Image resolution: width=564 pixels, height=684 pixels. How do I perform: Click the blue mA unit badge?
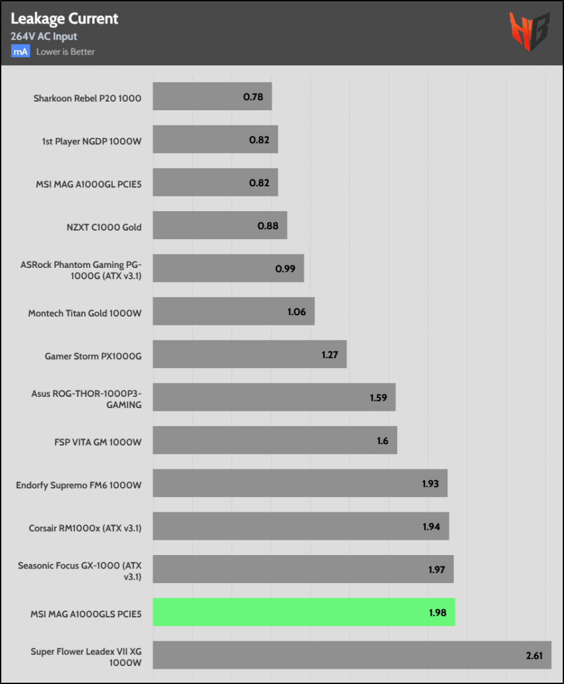point(20,51)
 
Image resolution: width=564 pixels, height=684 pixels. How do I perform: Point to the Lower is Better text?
point(65,51)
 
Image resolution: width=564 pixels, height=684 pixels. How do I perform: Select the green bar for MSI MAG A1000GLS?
point(304,612)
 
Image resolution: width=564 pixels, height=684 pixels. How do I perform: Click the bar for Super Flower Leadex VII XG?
point(352,655)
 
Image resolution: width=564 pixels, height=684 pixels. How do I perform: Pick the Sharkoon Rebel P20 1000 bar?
point(212,97)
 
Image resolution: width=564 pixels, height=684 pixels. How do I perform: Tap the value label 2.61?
point(534,655)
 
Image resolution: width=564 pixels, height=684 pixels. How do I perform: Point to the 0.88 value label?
point(268,226)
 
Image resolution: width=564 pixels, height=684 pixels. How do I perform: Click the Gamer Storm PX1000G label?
point(93,355)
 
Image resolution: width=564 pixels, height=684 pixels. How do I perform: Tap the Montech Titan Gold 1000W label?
point(85,313)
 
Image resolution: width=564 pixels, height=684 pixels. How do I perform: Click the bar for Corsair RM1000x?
point(300,526)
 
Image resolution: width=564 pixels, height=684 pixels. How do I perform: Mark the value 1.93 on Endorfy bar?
point(431,483)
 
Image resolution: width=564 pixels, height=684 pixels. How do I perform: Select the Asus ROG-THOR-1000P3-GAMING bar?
point(274,397)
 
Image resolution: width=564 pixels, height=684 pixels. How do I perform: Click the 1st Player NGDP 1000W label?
point(91,140)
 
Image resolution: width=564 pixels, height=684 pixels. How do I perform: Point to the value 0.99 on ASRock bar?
point(285,269)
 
